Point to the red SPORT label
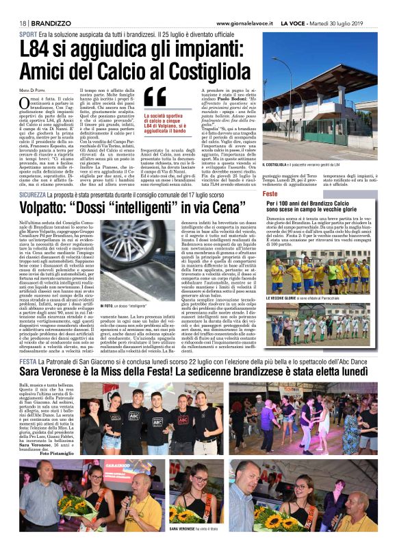tap(28, 34)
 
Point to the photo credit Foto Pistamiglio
tap(44, 453)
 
